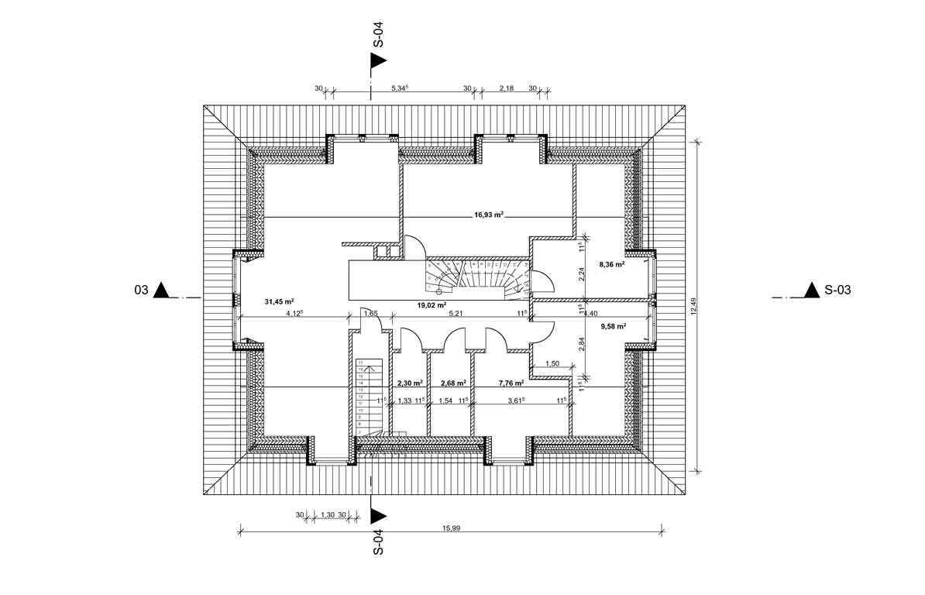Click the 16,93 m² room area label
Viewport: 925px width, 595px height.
[x=490, y=217]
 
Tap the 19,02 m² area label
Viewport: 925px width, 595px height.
[x=432, y=305]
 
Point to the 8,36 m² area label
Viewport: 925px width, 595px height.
[x=612, y=264]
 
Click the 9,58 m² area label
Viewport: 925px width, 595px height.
[x=612, y=326]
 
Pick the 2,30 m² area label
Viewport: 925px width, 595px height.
[x=409, y=383]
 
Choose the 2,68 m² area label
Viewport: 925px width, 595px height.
[x=452, y=383]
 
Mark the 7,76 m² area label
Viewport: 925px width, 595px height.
[x=511, y=383]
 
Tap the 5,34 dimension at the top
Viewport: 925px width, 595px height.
[x=399, y=88]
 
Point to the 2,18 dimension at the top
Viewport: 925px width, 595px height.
[x=506, y=88]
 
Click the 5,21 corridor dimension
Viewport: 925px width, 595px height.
[x=456, y=314]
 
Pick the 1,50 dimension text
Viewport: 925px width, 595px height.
[x=552, y=363]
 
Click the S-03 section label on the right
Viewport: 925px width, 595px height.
[x=839, y=291]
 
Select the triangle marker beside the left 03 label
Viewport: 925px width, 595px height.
[x=162, y=291]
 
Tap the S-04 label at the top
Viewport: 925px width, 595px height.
[x=378, y=35]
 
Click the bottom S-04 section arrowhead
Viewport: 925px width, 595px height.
[x=378, y=515]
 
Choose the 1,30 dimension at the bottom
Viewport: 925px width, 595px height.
[x=327, y=515]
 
